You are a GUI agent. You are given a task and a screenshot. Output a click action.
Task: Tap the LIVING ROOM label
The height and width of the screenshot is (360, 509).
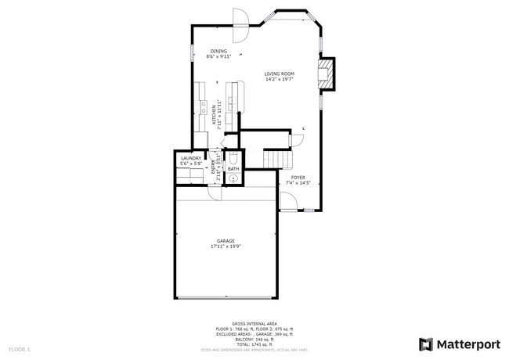(279, 74)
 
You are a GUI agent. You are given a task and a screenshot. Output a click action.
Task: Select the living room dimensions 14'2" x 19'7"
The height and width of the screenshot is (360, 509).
(279, 79)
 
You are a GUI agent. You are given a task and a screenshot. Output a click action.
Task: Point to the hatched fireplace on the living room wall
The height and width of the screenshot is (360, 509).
(327, 74)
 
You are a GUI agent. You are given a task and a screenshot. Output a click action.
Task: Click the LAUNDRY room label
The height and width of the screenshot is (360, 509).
(191, 158)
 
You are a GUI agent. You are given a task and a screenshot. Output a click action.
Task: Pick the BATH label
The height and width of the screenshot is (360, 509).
(233, 168)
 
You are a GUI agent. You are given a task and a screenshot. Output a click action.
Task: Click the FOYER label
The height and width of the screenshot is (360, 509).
(298, 178)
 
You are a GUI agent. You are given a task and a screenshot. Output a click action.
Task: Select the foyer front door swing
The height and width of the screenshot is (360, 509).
(288, 204)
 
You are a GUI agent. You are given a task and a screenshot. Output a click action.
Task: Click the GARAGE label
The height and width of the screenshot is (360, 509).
(226, 240)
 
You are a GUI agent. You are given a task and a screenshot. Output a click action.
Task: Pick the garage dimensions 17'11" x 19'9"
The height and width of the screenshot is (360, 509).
(226, 247)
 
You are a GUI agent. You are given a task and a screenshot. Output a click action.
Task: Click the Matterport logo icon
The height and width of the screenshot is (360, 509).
(426, 344)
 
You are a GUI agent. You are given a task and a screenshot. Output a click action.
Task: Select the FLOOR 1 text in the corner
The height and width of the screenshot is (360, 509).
(20, 347)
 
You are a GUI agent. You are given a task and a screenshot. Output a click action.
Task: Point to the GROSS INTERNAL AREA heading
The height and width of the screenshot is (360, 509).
(254, 322)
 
